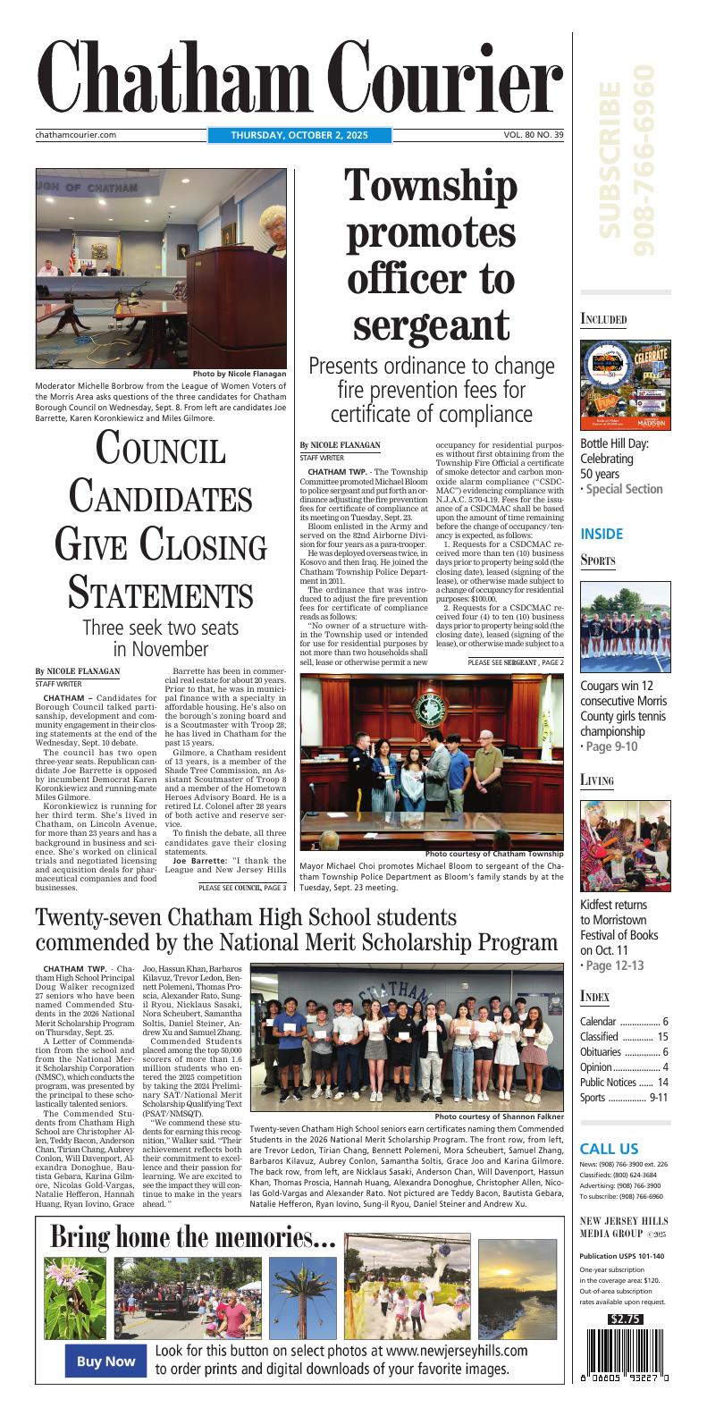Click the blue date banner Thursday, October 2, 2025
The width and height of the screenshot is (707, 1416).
(299, 135)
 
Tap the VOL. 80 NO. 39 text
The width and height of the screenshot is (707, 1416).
(533, 135)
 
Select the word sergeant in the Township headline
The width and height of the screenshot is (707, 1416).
(432, 323)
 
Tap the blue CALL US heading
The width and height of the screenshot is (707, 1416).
(609, 1149)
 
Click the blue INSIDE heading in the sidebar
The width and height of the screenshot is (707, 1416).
(602, 534)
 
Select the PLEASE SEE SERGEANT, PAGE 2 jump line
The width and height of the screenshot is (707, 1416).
(516, 662)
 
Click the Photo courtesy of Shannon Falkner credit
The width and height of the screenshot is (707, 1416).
(499, 1117)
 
